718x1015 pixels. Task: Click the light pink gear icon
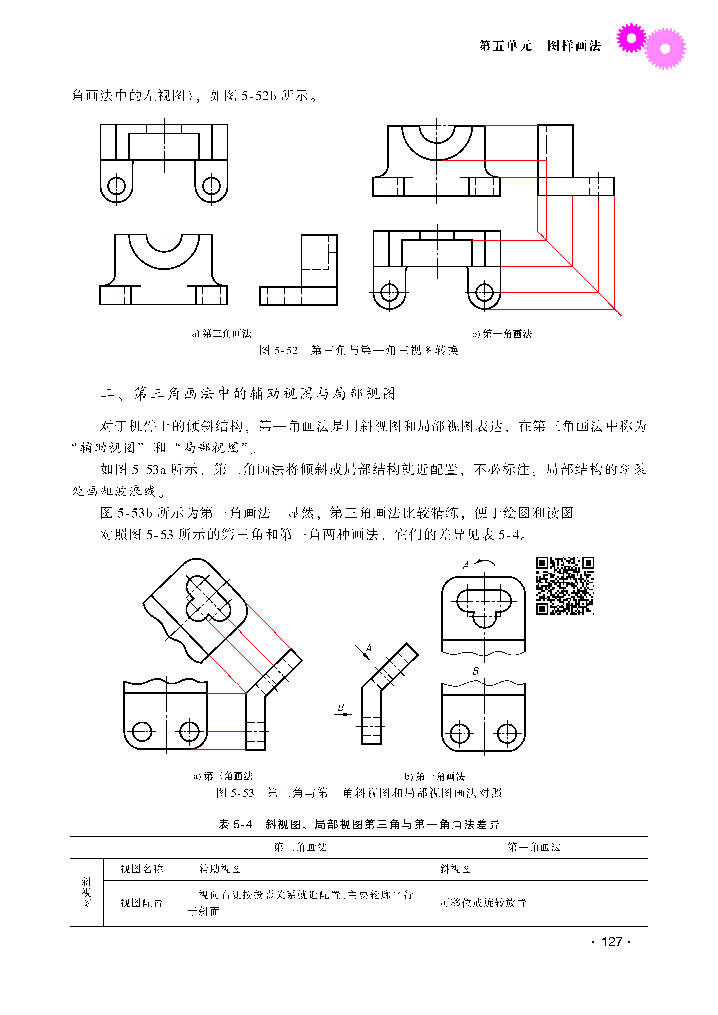pyautogui.click(x=665, y=49)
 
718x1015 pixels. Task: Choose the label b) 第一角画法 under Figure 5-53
pyautogui.click(x=435, y=776)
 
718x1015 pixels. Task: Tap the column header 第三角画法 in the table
pyautogui.click(x=300, y=847)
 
